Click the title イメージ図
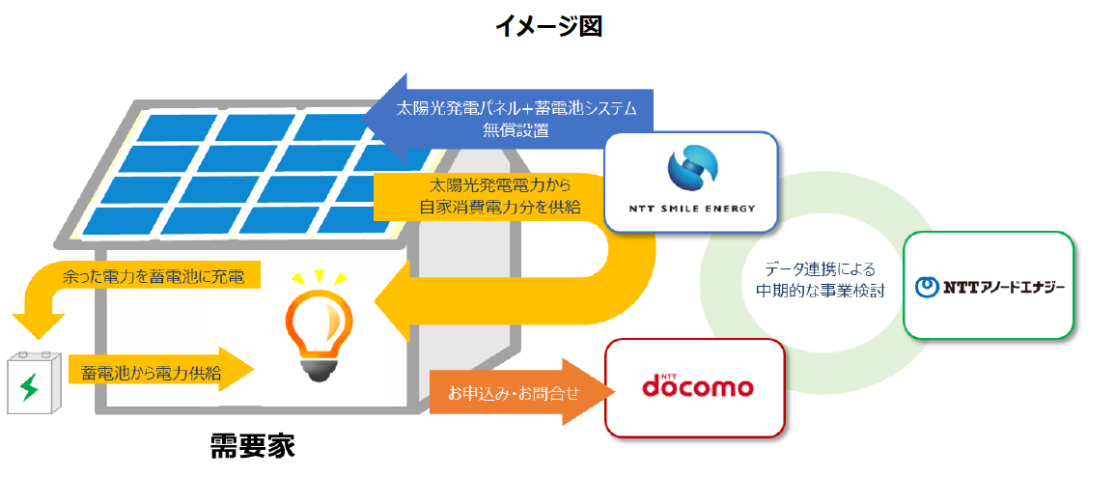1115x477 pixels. click(x=548, y=26)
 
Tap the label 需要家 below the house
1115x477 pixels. click(x=252, y=446)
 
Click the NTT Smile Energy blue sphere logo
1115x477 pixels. click(x=690, y=170)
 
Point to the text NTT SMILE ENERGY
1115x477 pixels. click(x=691, y=209)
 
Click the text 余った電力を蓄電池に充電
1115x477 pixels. click(x=158, y=277)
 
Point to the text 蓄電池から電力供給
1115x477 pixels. click(x=151, y=370)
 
